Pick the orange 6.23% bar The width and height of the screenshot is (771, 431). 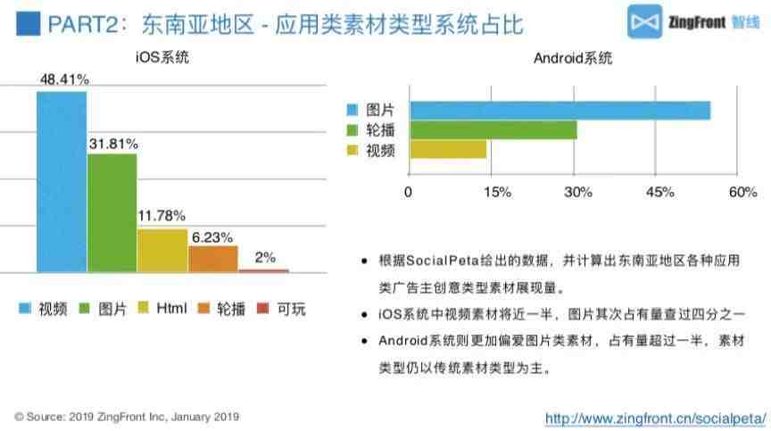[x=212, y=259]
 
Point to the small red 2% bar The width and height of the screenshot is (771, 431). [x=264, y=269]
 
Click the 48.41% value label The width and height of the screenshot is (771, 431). [x=64, y=79]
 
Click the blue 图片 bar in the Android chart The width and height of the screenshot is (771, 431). [x=560, y=110]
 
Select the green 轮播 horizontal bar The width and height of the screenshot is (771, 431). [x=493, y=130]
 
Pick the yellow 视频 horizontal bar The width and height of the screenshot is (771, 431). [x=447, y=150]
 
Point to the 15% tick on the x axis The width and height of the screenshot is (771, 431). [x=496, y=192]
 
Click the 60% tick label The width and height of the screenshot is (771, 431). [x=742, y=192]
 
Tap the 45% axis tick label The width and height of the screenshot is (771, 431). [x=660, y=192]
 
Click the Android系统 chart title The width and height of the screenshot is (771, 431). [x=573, y=58]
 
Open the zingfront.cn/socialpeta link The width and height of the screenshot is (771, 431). [x=656, y=418]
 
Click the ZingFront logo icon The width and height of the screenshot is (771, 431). [x=645, y=24]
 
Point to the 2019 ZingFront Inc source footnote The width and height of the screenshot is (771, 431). [x=127, y=417]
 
